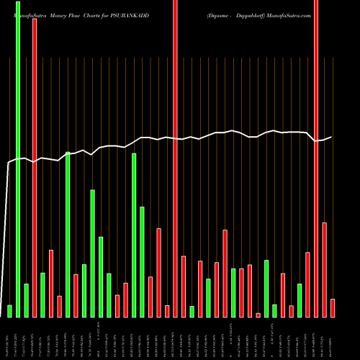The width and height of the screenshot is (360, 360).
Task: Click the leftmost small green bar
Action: [x=9, y=311]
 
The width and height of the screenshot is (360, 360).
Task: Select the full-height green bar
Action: [x=18, y=158]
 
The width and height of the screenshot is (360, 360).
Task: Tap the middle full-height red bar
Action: [x=176, y=158]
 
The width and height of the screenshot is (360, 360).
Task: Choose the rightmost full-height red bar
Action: [x=316, y=158]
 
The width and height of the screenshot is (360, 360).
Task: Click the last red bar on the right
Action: [x=333, y=307]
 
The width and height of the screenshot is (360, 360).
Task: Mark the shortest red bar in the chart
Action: [x=258, y=315]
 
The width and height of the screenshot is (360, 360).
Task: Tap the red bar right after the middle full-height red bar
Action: [x=184, y=287]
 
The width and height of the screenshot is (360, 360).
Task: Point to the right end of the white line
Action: [x=332, y=137]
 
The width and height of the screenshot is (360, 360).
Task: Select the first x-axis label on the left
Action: [x=9, y=338]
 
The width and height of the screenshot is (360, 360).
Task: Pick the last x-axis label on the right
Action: [x=333, y=338]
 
